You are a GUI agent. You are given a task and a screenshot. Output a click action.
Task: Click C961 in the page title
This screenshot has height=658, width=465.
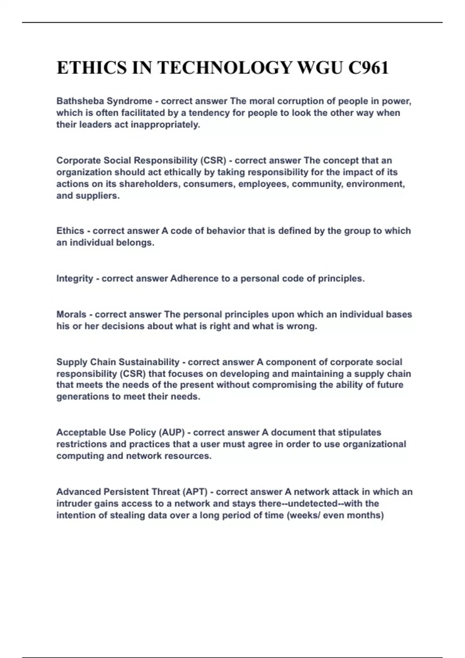click(x=368, y=68)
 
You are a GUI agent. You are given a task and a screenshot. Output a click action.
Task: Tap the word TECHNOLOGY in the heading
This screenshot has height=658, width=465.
click(x=225, y=68)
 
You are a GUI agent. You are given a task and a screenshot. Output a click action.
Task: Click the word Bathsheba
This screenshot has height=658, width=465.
click(x=80, y=101)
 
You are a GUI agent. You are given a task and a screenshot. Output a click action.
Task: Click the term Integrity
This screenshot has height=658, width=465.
click(x=75, y=279)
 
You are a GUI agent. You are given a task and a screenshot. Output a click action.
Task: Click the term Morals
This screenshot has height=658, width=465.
click(x=71, y=314)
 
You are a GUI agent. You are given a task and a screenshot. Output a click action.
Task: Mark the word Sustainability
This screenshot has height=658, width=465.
click(x=149, y=362)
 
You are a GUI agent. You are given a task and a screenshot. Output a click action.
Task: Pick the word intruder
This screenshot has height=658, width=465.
click(x=72, y=504)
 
